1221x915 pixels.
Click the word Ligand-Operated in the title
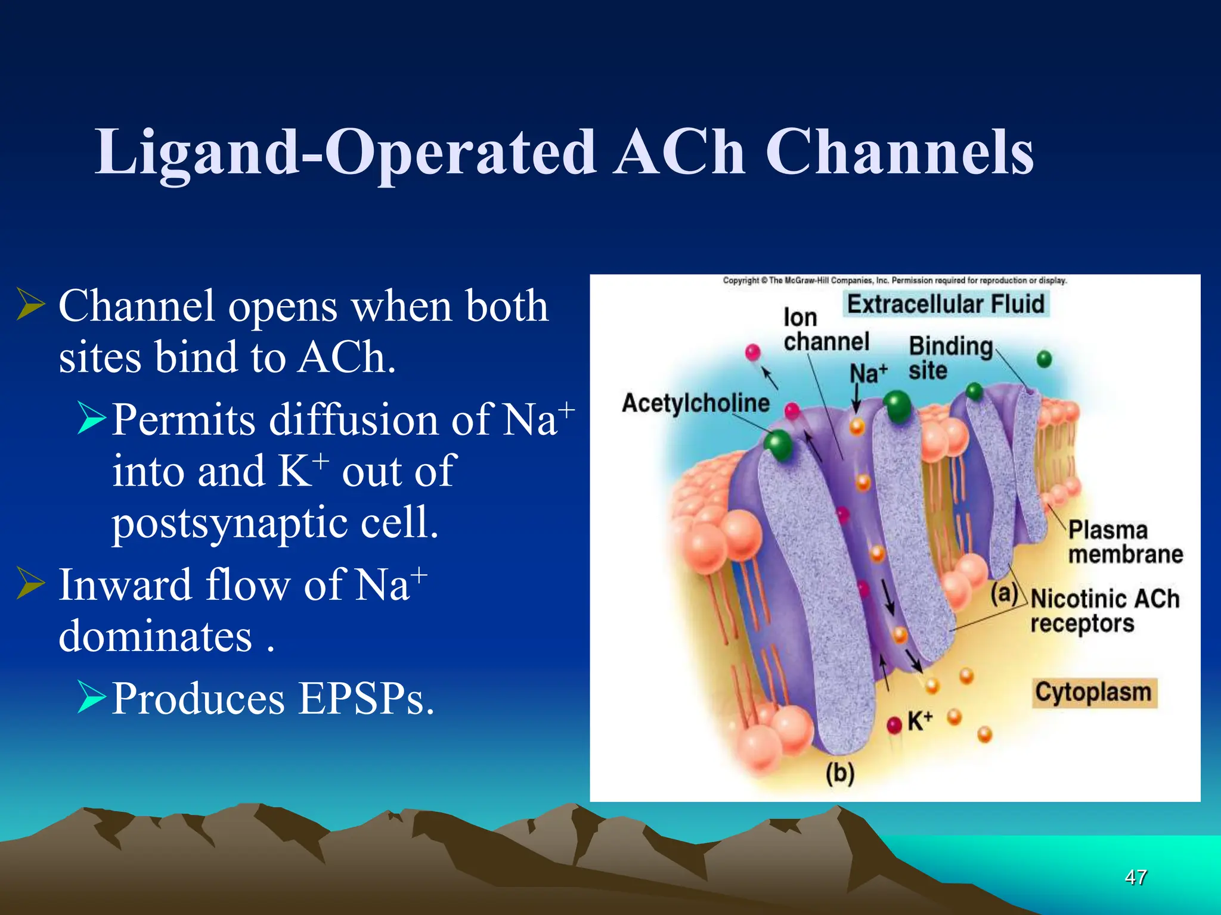click(346, 154)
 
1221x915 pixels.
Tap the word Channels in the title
click(899, 154)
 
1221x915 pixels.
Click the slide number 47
click(1136, 877)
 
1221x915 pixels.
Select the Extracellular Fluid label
click(946, 304)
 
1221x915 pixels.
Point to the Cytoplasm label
click(1093, 693)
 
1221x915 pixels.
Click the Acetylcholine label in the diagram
click(695, 403)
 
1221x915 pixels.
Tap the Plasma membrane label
click(1124, 542)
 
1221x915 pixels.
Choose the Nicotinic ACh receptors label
click(1104, 611)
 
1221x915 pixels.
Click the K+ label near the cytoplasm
click(920, 721)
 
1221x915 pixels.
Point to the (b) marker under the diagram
click(840, 773)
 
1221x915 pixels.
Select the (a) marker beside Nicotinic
click(1004, 593)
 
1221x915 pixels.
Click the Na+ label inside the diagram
click(867, 374)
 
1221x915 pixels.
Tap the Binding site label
click(949, 357)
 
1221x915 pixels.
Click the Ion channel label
click(825, 329)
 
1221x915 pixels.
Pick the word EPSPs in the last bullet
click(365, 699)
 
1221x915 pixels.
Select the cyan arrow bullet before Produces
click(91, 696)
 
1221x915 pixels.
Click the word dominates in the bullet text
click(155, 637)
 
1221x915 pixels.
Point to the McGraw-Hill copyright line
click(894, 280)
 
